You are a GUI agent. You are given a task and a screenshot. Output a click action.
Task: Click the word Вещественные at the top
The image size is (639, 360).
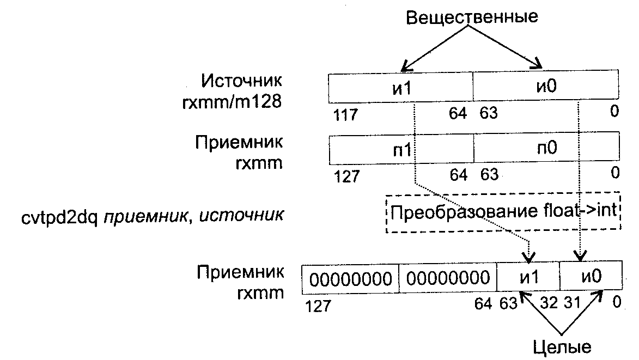[472, 16]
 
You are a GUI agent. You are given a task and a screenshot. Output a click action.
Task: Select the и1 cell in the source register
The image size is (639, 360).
[400, 88]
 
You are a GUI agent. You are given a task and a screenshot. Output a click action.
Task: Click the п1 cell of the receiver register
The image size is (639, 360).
[401, 150]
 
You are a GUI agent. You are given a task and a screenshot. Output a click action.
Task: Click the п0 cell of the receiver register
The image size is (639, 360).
[545, 150]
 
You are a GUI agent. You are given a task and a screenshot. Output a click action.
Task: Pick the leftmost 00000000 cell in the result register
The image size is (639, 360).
[350, 279]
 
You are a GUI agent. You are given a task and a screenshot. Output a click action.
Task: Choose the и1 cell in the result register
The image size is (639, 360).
[528, 277]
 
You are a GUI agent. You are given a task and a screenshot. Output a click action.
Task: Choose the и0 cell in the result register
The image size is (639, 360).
[591, 277]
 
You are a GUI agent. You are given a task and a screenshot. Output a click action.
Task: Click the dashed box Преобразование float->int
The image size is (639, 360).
[503, 212]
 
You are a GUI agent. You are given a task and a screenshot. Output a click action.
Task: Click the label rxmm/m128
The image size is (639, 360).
[233, 102]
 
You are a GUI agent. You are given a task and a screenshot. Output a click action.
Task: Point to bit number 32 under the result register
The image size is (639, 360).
[549, 303]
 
